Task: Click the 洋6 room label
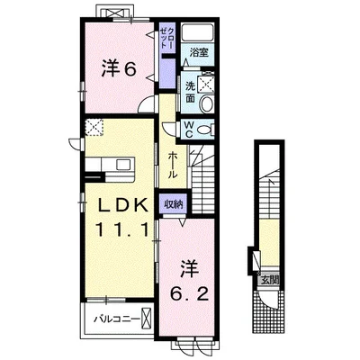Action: tap(119, 68)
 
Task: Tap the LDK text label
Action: tap(123, 206)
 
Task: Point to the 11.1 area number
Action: tap(122, 230)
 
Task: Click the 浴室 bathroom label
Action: tap(199, 52)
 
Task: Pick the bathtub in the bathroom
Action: tap(198, 31)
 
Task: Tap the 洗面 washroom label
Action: tap(190, 92)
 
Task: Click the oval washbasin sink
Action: tap(207, 103)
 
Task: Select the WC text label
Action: tap(188, 129)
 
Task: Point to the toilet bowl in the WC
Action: tap(204, 130)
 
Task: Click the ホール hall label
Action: tap(173, 165)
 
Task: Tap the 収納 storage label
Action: tap(173, 204)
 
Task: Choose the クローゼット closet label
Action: tap(167, 38)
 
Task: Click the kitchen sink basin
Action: tap(123, 165)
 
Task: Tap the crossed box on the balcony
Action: tap(146, 318)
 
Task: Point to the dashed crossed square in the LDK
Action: tap(94, 128)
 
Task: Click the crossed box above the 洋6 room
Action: tap(115, 13)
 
